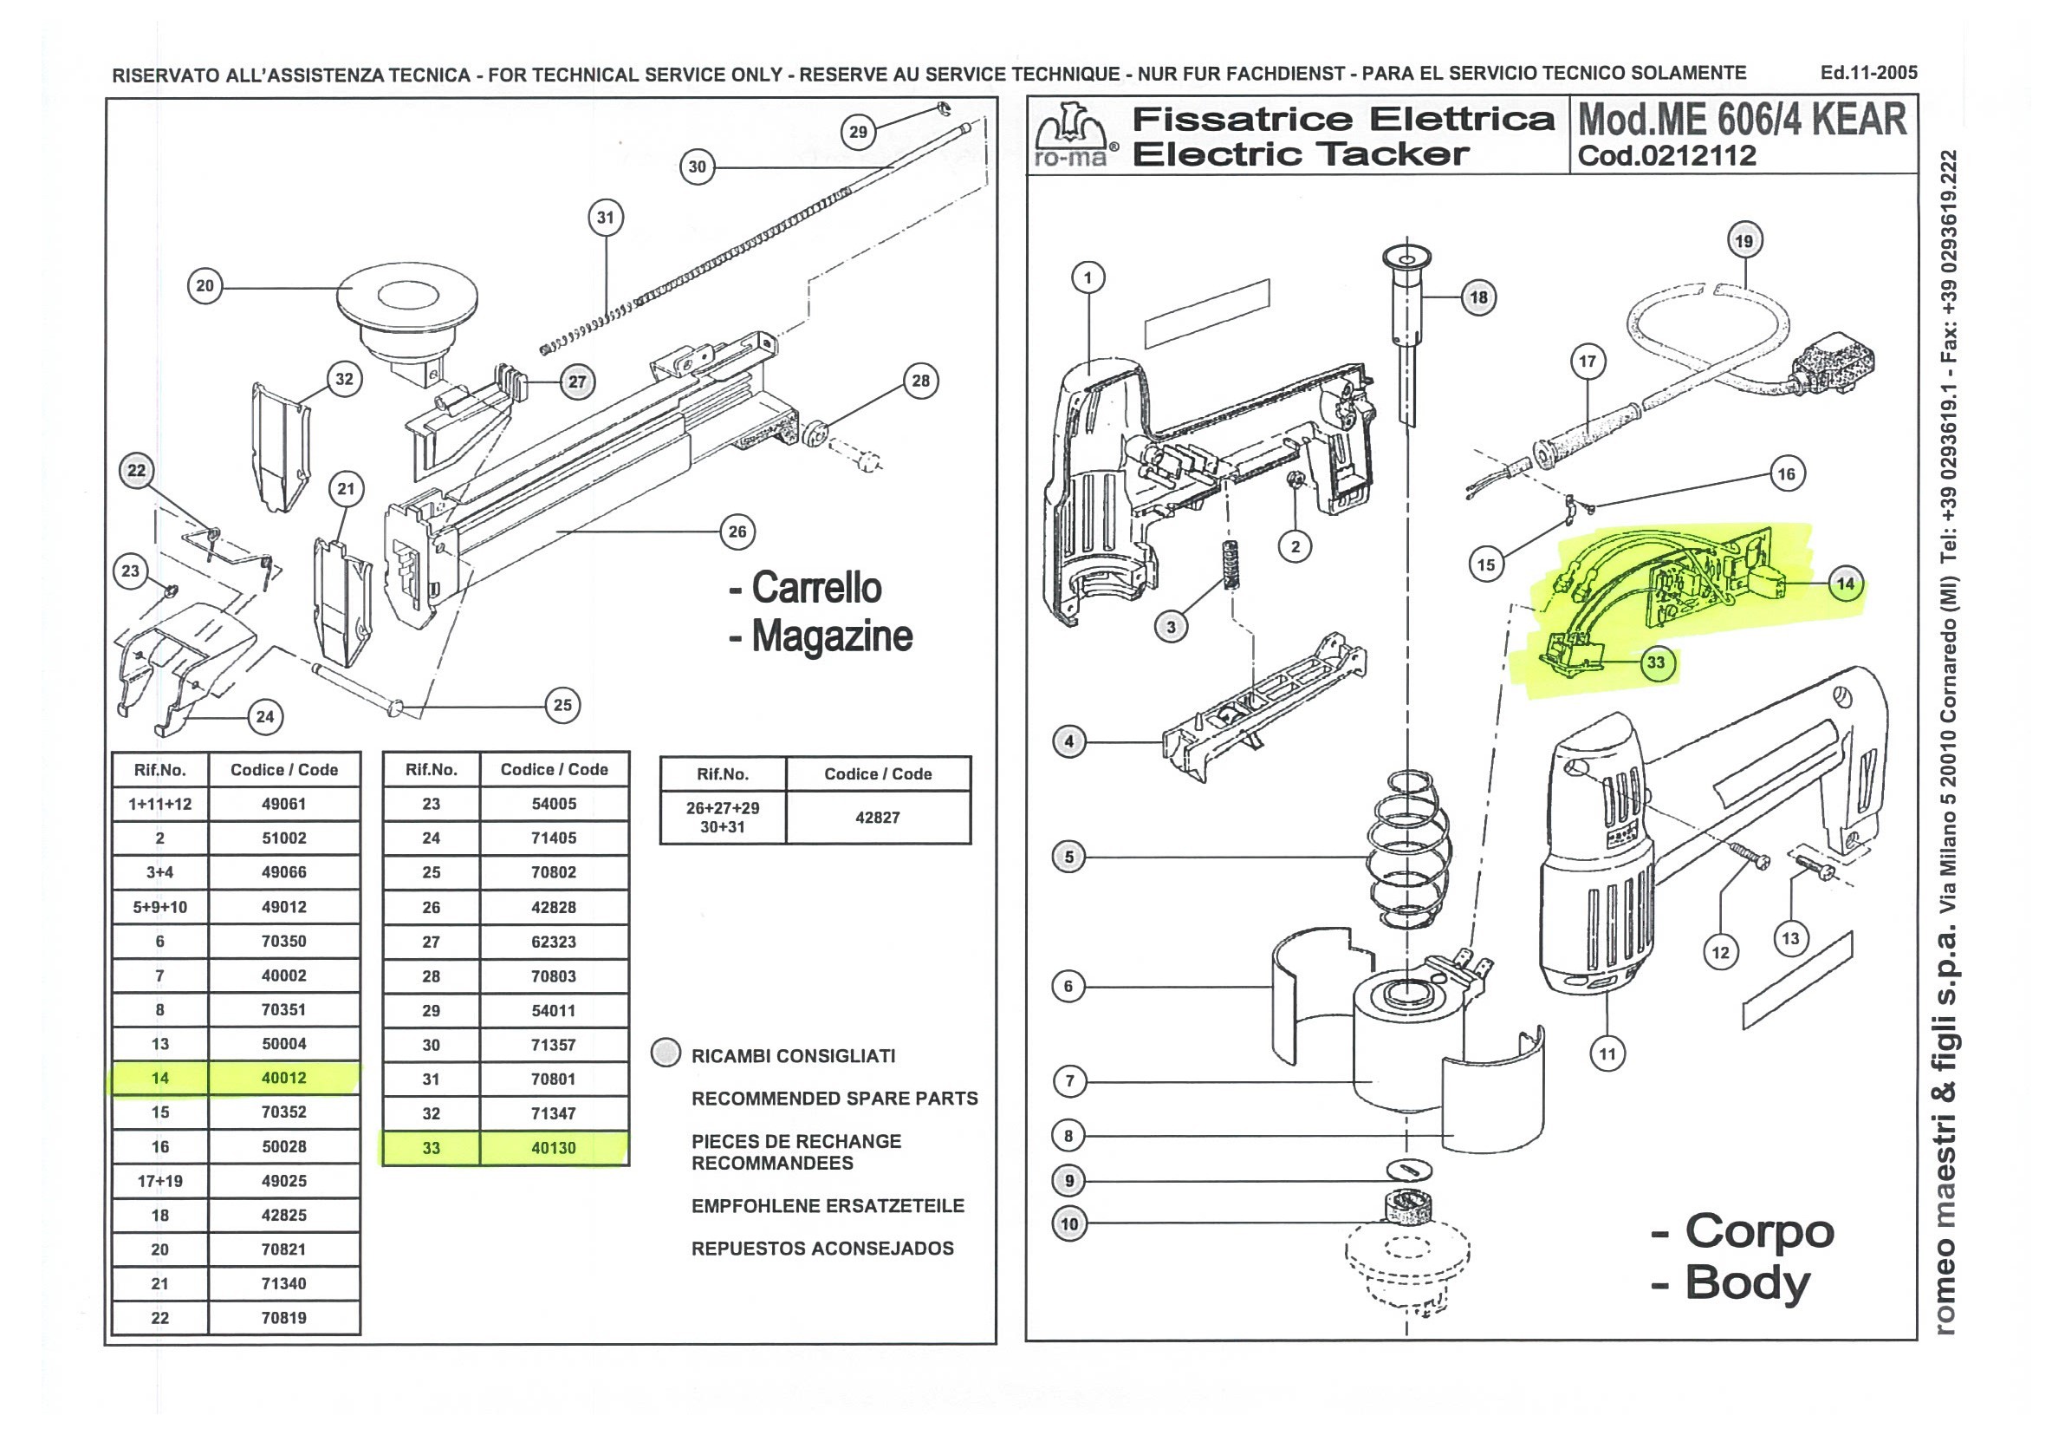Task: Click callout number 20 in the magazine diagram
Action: pyautogui.click(x=205, y=286)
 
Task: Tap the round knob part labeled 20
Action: pyautogui.click(x=406, y=299)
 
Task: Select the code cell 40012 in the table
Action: pyautogui.click(x=283, y=1079)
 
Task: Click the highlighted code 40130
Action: pyautogui.click(x=553, y=1148)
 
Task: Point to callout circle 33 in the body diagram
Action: pyautogui.click(x=1656, y=662)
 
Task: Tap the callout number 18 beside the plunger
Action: pyautogui.click(x=1479, y=297)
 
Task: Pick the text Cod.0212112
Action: pyautogui.click(x=1666, y=155)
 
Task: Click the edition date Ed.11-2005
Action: pyautogui.click(x=1869, y=73)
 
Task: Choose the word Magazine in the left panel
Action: pyautogui.click(x=831, y=636)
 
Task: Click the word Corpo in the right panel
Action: pyautogui.click(x=1759, y=1231)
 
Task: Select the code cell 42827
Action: pyautogui.click(x=877, y=817)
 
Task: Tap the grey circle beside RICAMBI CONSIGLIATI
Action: pyautogui.click(x=666, y=1053)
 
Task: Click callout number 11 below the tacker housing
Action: pyautogui.click(x=1607, y=1054)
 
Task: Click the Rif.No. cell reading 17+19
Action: pyautogui.click(x=160, y=1181)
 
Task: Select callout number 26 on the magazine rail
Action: pyautogui.click(x=737, y=532)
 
